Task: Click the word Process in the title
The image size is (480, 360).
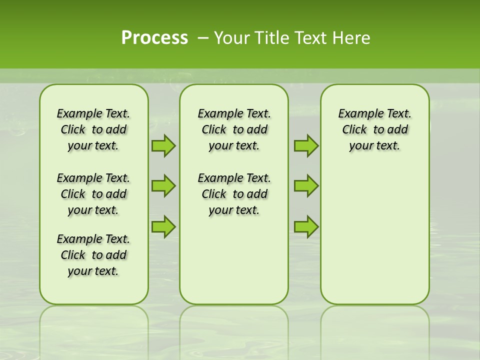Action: [x=154, y=37]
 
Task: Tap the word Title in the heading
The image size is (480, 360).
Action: [x=269, y=37]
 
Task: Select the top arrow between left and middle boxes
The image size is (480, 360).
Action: [x=163, y=145]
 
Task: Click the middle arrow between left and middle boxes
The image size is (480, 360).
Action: [x=163, y=186]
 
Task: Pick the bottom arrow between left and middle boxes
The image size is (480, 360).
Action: [x=163, y=226]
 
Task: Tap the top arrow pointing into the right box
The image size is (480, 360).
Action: [x=306, y=145]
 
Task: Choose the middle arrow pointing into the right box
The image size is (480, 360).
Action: [x=306, y=186]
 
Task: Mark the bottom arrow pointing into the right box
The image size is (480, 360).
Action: [x=306, y=226]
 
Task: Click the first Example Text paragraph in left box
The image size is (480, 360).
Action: [x=93, y=129]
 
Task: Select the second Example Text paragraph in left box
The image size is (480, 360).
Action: [x=93, y=194]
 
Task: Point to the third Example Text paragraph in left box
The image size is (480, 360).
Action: [x=93, y=255]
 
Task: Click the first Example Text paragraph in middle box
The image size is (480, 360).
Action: [x=234, y=129]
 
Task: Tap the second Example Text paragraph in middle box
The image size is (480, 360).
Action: [x=234, y=194]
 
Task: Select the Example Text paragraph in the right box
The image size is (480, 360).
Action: [x=374, y=129]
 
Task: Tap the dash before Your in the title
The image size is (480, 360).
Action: [x=203, y=38]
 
